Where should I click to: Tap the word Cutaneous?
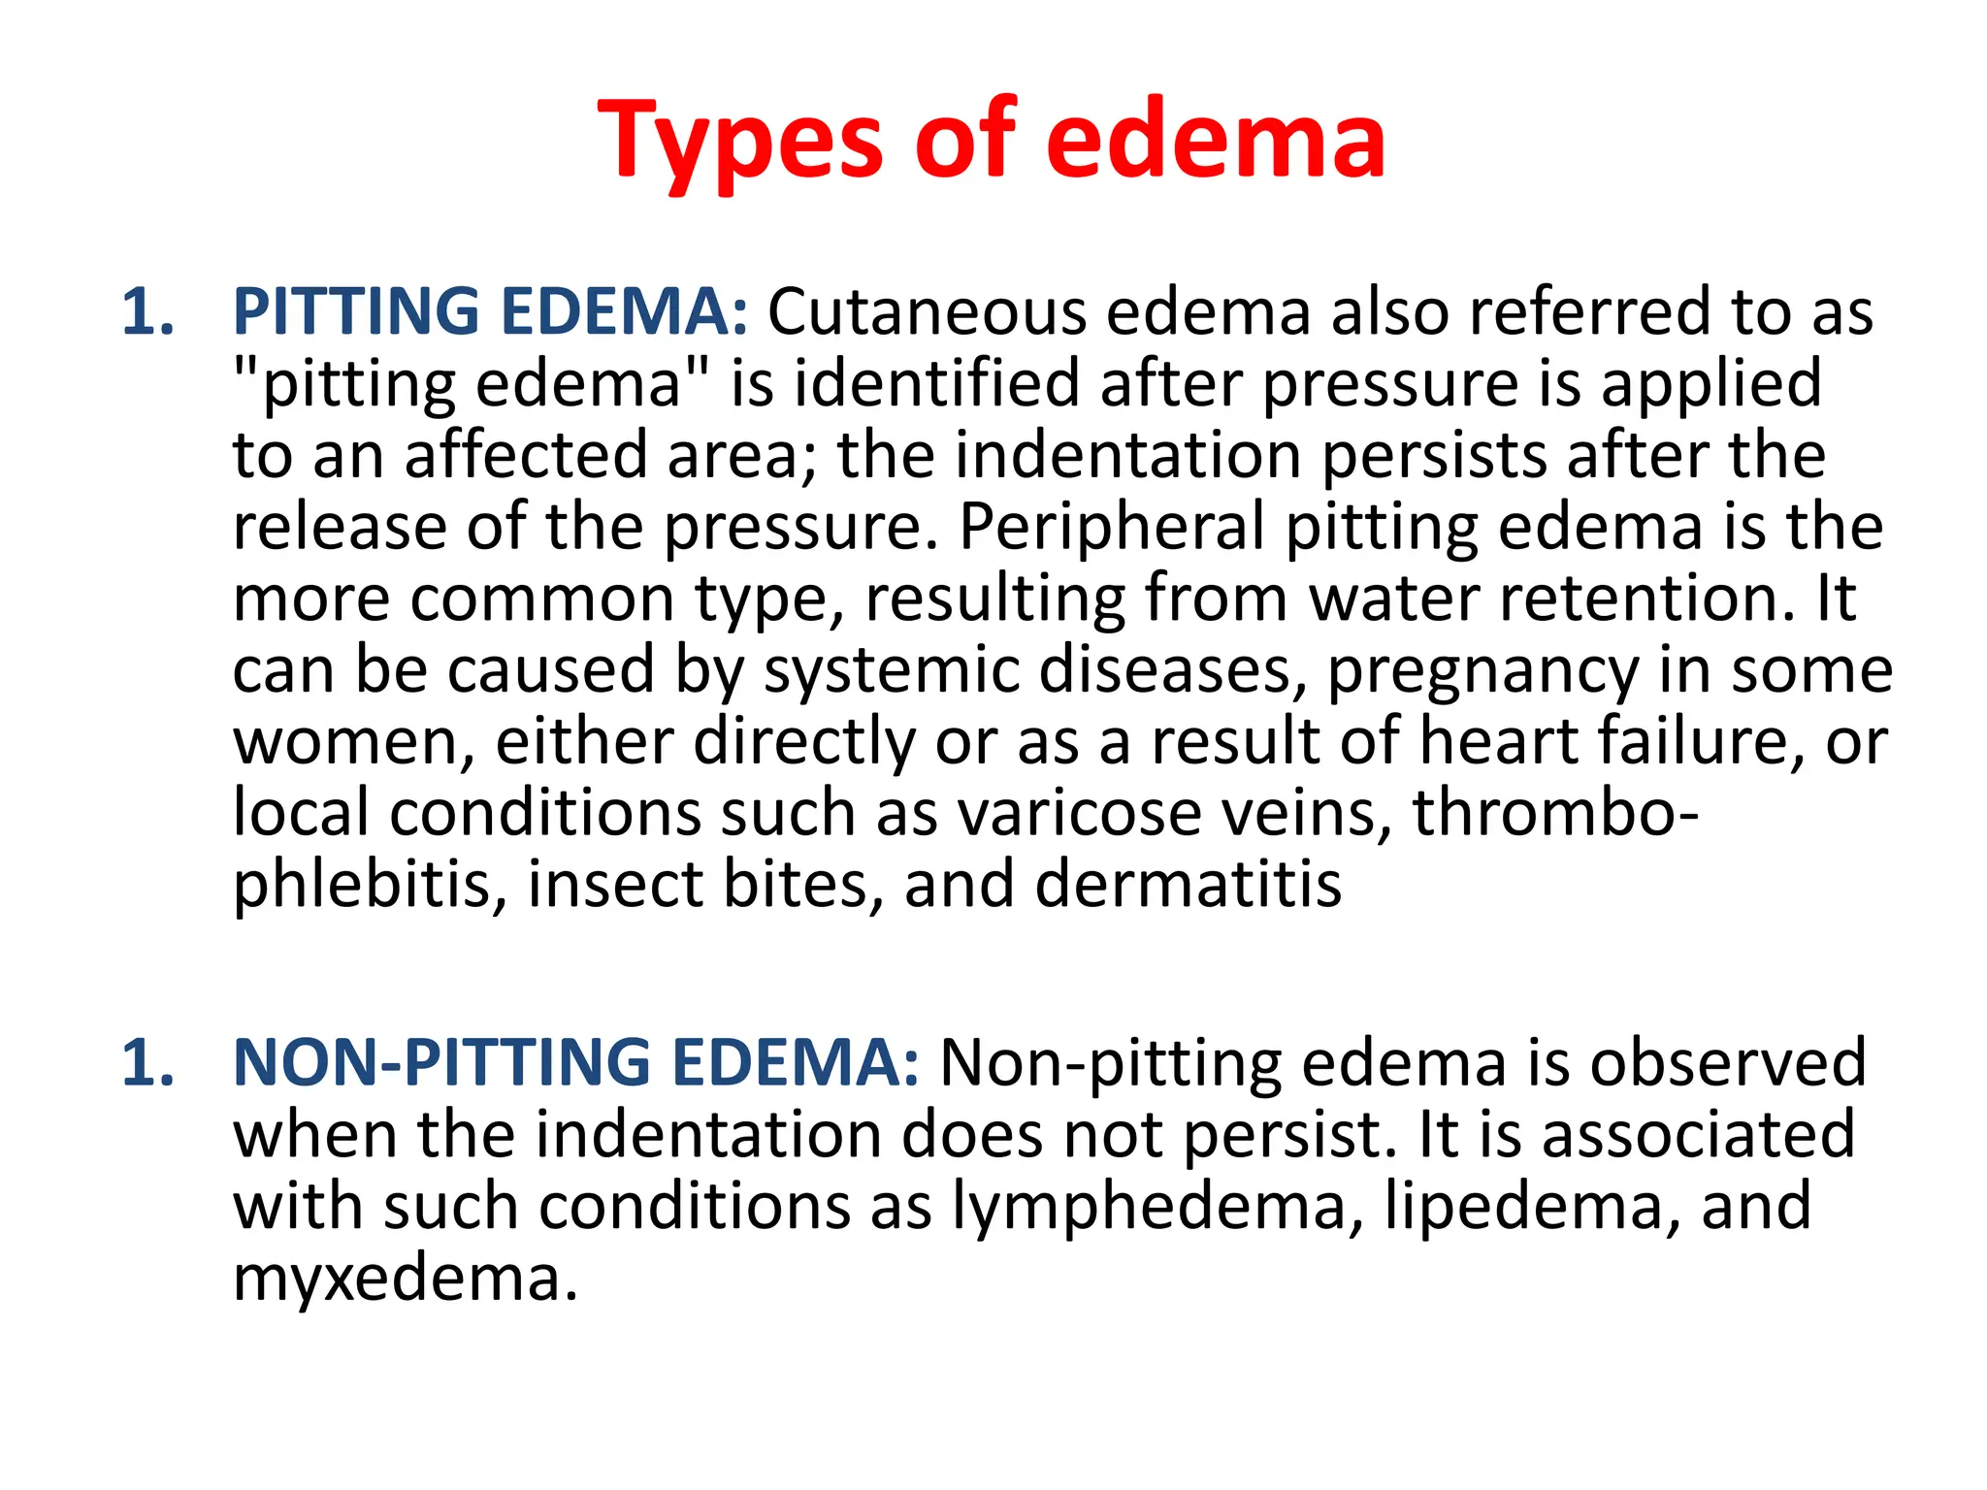927,312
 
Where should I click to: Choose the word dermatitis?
1188,885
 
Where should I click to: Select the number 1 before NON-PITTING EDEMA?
147,1063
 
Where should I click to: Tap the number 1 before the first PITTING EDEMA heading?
147,312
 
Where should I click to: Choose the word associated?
1699,1135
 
